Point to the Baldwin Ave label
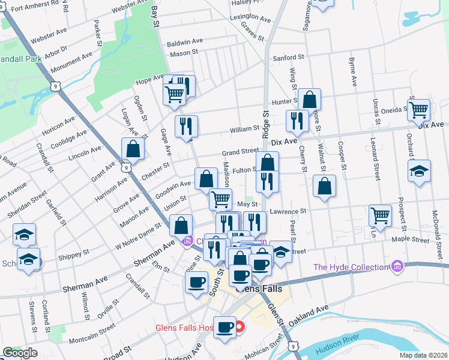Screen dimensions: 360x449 (x=185, y=43)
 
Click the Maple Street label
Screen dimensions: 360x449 (x=411, y=239)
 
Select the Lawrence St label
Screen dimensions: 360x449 (x=288, y=211)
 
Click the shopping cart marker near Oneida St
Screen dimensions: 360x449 (x=418, y=109)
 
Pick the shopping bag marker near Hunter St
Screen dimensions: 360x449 (x=310, y=99)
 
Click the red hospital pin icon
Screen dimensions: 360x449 (x=240, y=328)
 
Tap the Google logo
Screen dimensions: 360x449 (x=20, y=353)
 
